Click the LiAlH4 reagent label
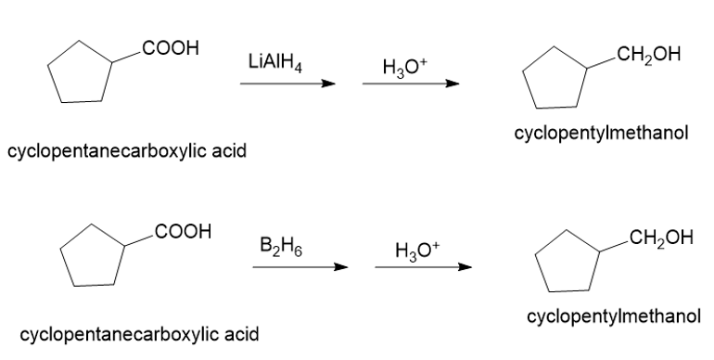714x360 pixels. pyautogui.click(x=275, y=62)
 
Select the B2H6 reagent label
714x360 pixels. pyautogui.click(x=281, y=246)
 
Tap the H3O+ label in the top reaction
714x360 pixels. pyautogui.click(x=405, y=69)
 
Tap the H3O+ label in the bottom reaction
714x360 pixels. pyautogui.click(x=417, y=251)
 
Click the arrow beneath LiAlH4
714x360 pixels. pyautogui.click(x=287, y=84)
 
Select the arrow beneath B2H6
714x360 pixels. pyautogui.click(x=300, y=267)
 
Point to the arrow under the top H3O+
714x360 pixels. pyautogui.click(x=411, y=84)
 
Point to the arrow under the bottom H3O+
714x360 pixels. pyautogui.click(x=424, y=267)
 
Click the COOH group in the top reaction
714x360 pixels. pyautogui.click(x=171, y=48)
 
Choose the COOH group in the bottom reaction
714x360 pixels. pyautogui.click(x=183, y=231)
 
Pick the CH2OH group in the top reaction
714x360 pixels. pyautogui.click(x=649, y=55)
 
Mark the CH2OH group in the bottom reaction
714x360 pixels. pyautogui.click(x=661, y=238)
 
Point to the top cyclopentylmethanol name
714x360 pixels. pyautogui.click(x=601, y=134)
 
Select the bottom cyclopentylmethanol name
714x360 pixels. pyautogui.click(x=614, y=316)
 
